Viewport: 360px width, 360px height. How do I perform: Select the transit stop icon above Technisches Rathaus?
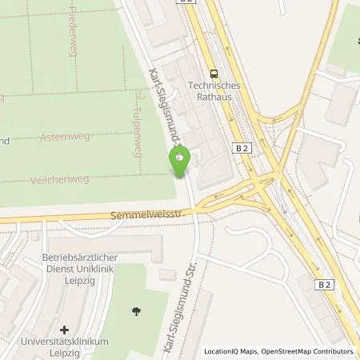click(214, 71)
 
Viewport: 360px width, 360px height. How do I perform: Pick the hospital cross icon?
click(64, 329)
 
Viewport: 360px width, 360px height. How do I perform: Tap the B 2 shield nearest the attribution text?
click(325, 285)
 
